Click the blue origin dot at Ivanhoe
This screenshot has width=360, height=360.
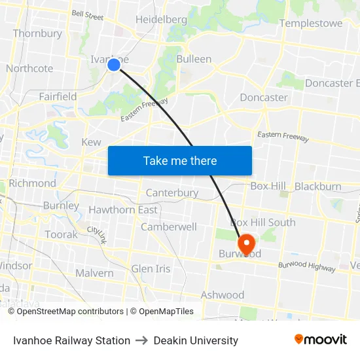113,64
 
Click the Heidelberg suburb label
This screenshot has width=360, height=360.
161,20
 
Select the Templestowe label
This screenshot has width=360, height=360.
310,24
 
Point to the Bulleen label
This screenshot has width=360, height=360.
194,59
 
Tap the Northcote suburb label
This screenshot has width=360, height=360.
29,68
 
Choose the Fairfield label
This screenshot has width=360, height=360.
58,96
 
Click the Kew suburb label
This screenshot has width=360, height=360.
91,142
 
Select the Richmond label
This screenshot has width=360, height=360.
32,183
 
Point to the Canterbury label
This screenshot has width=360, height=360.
171,193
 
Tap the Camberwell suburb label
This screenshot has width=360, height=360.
169,227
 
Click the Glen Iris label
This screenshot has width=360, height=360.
151,269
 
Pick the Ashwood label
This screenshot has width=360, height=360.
222,295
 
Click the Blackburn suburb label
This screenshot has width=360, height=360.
317,187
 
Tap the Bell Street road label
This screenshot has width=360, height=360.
88,14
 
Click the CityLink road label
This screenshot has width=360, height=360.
96,234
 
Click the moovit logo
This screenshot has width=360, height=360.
320,340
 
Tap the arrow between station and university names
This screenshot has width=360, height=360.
141,340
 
